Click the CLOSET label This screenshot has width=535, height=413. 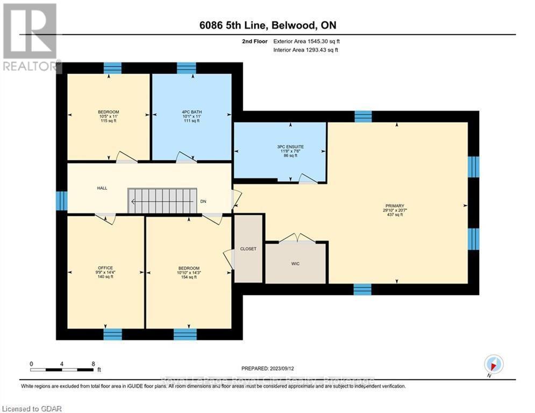click(248, 249)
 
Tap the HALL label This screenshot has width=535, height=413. click(102, 188)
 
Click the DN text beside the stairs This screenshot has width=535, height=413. click(203, 202)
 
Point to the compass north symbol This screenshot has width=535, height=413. click(494, 365)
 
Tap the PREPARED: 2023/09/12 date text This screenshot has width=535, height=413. click(268, 368)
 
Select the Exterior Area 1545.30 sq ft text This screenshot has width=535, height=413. click(306, 40)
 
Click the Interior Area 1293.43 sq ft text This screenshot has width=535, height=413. click(306, 50)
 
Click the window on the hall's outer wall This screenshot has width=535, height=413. click(61, 201)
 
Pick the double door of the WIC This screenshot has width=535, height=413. click(297, 238)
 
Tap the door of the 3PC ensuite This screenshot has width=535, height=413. click(308, 179)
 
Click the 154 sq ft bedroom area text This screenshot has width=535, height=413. click(189, 277)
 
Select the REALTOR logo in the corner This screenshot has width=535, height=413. click(30, 38)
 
